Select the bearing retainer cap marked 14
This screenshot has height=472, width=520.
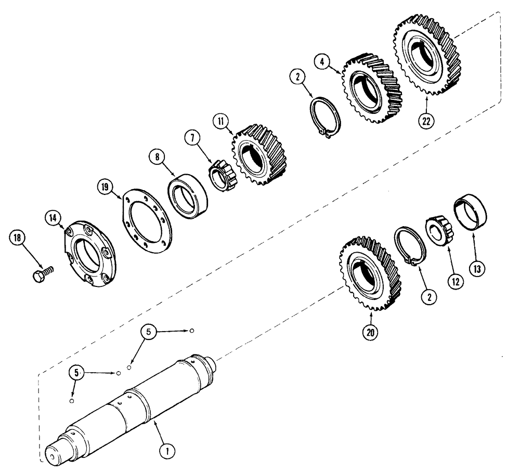[90, 255]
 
